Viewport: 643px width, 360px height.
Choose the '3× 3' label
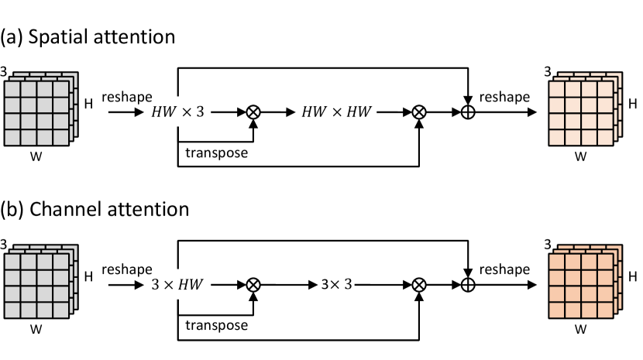336,285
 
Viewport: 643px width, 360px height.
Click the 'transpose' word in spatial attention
216,153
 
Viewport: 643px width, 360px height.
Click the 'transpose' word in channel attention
216,325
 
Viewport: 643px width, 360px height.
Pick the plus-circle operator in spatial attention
468,113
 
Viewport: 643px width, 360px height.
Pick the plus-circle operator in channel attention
468,285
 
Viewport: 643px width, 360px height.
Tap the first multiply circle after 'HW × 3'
253,113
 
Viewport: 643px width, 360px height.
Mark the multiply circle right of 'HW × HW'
418,113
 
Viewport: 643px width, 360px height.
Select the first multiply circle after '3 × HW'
253,285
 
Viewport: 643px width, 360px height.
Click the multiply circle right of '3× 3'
418,285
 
